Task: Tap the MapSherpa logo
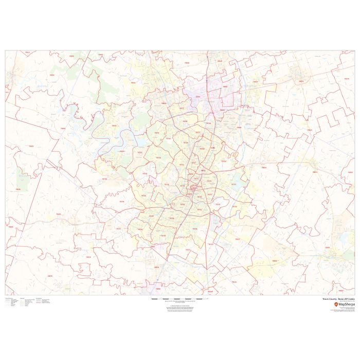point(341,304)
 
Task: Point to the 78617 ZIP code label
point(237,239)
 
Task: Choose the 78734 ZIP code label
point(114,125)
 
